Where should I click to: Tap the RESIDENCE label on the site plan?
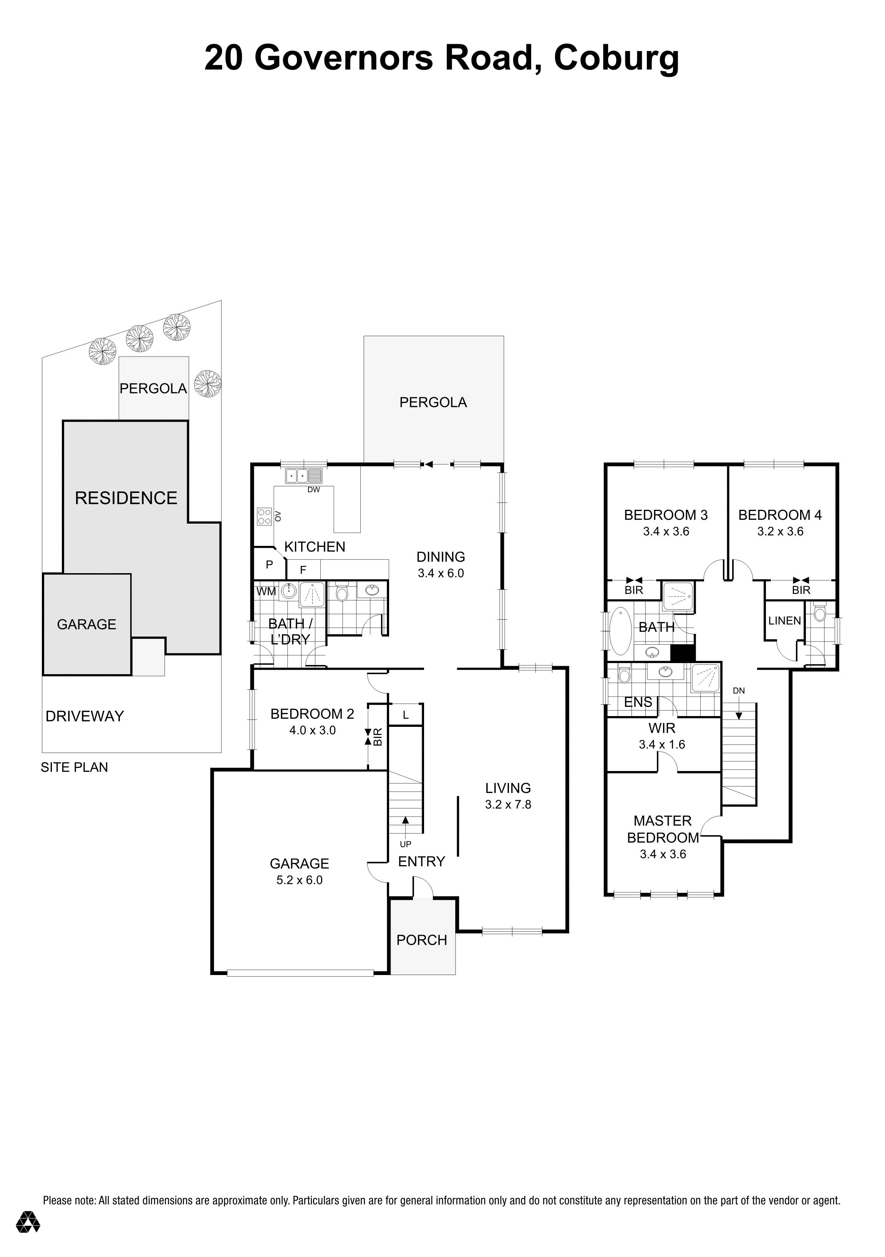[x=126, y=498]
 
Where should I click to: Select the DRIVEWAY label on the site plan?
[x=85, y=716]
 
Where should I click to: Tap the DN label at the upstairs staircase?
[x=739, y=691]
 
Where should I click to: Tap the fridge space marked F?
[x=303, y=570]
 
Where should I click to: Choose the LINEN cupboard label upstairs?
[x=784, y=620]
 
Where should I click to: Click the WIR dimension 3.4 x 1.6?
[x=662, y=745]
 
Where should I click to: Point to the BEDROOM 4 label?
[x=780, y=515]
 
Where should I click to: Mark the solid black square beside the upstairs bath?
[x=683, y=653]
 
